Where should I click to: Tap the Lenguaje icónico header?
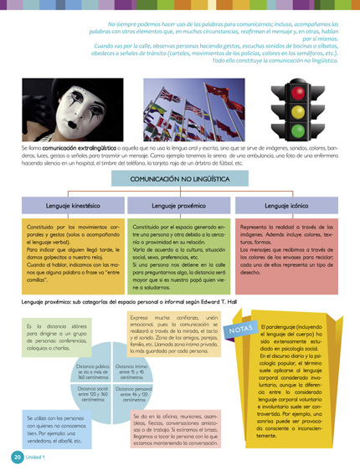[x=287, y=205]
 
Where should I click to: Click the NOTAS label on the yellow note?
[x=241, y=332]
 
